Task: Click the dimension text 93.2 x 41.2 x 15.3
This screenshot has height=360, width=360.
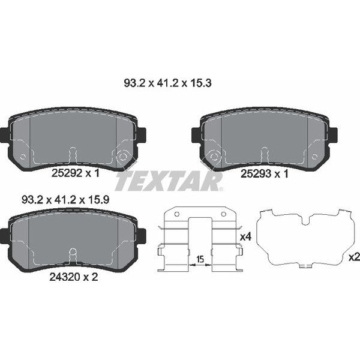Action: coord(167,83)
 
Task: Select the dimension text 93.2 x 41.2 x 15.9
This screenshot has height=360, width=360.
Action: coord(65,200)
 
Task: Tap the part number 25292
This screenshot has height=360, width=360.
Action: coord(67,173)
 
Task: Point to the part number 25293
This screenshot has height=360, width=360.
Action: coord(256,174)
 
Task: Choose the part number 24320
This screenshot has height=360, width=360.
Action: coord(65,277)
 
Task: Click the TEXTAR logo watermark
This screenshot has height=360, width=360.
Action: coord(169,182)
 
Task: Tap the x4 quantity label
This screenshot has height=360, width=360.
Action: coord(245,237)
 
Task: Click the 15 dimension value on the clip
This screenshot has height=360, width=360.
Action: coord(200,259)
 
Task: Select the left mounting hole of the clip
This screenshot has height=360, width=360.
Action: coord(176,214)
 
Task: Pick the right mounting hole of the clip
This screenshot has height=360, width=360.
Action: coord(223,214)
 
